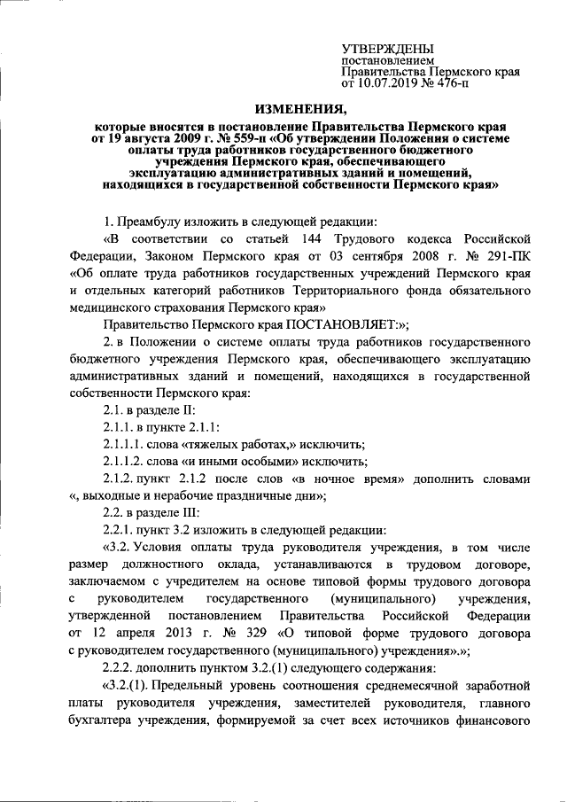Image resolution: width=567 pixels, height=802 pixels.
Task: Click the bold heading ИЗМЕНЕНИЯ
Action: (x=299, y=110)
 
